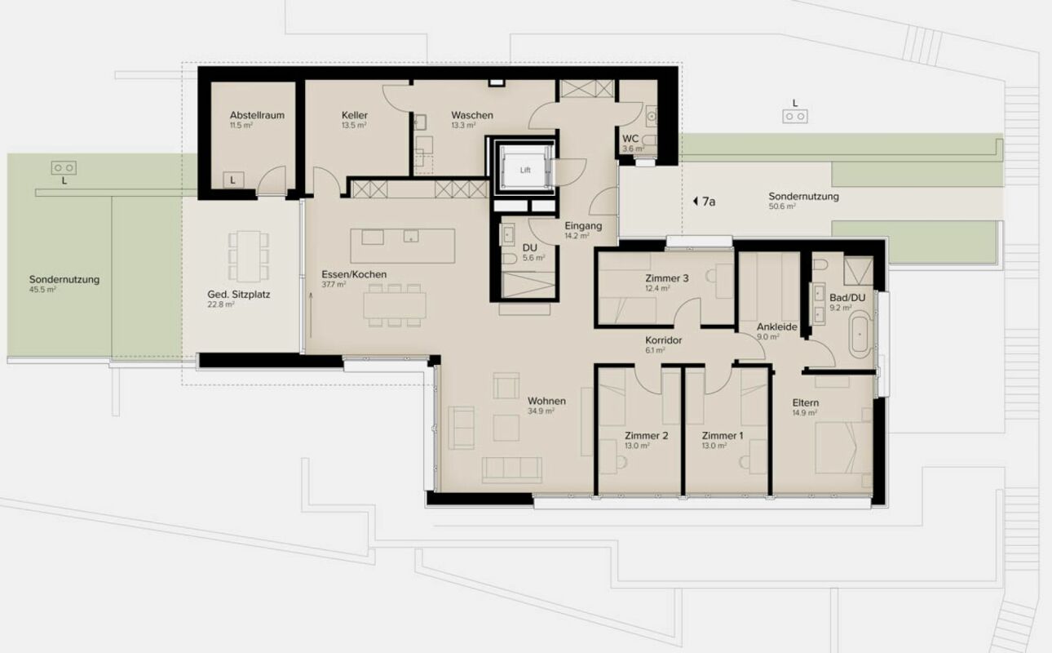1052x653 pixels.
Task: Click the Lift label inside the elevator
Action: click(x=525, y=170)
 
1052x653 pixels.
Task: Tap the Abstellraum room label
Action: click(x=257, y=115)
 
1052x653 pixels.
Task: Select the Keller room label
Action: click(x=355, y=115)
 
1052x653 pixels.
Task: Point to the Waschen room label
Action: click(x=472, y=115)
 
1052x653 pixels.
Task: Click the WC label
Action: click(x=630, y=139)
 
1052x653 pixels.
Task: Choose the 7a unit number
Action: click(x=709, y=202)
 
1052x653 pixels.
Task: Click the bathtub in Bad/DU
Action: click(x=860, y=335)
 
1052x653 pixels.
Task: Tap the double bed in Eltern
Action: click(x=843, y=447)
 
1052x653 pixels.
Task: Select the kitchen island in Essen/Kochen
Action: click(x=403, y=246)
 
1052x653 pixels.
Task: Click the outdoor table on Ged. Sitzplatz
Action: click(x=249, y=256)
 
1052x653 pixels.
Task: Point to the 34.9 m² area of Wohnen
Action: click(x=541, y=411)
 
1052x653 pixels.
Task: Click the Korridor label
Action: click(x=663, y=340)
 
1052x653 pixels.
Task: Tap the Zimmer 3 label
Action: click(x=667, y=278)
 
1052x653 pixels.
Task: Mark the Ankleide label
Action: click(x=777, y=326)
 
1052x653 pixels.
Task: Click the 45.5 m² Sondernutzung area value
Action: click(x=42, y=290)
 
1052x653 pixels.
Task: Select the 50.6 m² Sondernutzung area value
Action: click(x=782, y=207)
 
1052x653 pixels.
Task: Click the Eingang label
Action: click(x=583, y=225)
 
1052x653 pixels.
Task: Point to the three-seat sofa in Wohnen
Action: click(x=511, y=469)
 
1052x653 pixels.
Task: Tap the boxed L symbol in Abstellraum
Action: click(x=233, y=180)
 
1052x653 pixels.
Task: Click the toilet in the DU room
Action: click(x=509, y=258)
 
